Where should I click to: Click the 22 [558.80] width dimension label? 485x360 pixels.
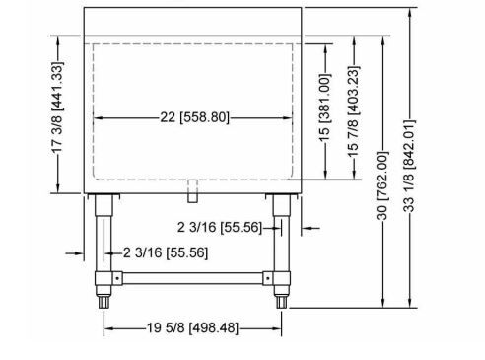194,117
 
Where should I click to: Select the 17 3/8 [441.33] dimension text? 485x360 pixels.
57,108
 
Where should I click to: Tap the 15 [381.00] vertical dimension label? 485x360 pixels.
324,108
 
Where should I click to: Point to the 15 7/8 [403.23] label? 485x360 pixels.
354,112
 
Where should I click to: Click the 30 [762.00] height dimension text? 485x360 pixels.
382,185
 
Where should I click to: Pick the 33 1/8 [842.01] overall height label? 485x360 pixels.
409,166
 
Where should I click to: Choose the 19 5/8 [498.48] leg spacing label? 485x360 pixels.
192,327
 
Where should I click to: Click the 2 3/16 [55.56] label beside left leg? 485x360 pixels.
166,252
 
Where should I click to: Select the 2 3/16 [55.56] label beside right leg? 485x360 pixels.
220,227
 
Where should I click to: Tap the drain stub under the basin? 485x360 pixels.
193,191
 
